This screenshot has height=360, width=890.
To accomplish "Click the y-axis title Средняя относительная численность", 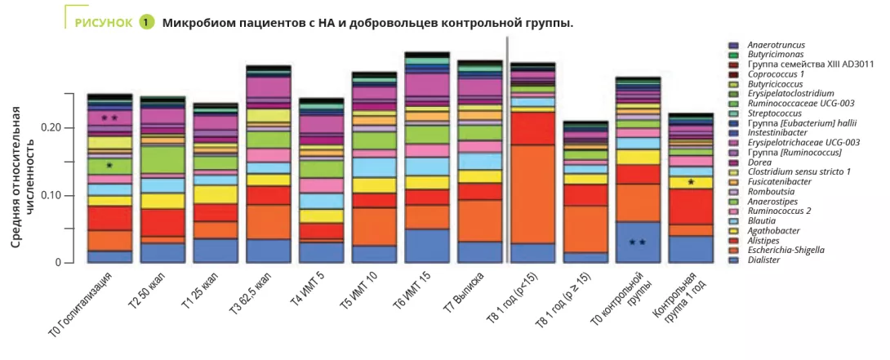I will (x=24, y=192).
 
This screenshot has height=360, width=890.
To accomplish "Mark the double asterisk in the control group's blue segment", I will (x=638, y=242).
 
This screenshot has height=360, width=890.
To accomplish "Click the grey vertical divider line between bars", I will (x=508, y=147).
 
